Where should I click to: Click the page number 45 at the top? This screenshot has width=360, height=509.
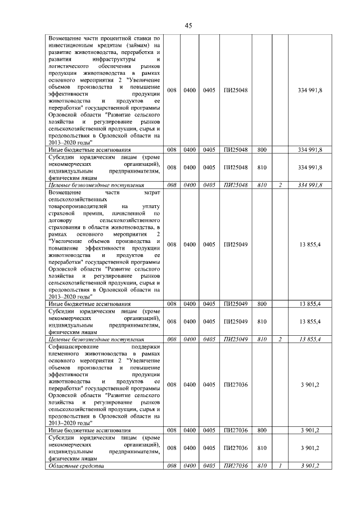(x=188, y=25)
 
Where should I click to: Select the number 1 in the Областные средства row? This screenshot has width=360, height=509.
(x=280, y=466)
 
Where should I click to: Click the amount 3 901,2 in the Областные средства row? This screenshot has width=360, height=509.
(x=310, y=466)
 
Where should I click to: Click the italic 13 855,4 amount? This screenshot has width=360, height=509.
(x=310, y=340)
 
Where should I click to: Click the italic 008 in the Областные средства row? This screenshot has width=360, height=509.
(x=172, y=466)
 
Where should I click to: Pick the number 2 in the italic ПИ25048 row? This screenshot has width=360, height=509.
(x=280, y=184)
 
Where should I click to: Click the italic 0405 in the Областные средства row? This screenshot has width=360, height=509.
(x=209, y=466)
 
